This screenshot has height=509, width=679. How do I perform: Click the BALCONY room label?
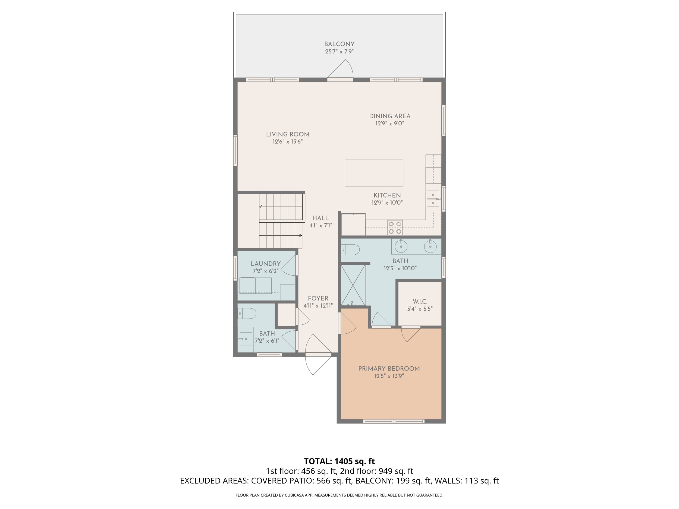tap(339, 44)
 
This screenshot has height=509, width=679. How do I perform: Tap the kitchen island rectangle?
tap(374, 173)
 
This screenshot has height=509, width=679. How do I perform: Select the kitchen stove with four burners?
tap(395, 228)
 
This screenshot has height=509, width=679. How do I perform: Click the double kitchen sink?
tap(433, 199)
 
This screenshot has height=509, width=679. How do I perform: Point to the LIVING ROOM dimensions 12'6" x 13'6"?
tap(288, 142)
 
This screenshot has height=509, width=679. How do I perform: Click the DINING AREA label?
tap(389, 116)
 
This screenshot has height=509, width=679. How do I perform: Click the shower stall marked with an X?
tap(353, 285)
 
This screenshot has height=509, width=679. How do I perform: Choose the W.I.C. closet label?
tap(420, 302)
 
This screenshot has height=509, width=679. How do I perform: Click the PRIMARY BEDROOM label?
tap(389, 369)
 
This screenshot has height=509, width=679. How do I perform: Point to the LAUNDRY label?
tap(266, 264)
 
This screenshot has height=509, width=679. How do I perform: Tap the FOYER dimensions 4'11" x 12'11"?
tap(318, 306)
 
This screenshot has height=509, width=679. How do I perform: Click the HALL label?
tap(320, 218)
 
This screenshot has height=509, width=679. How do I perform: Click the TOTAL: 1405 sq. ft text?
tap(339, 461)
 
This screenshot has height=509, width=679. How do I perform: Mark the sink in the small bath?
tap(246, 339)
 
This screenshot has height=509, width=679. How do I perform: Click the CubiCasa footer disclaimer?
tap(339, 495)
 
